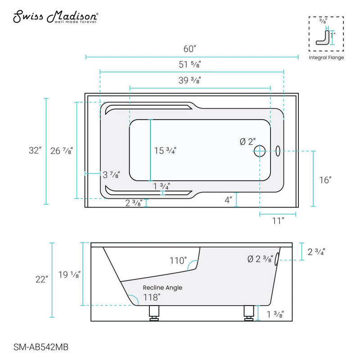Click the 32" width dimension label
click(34, 151)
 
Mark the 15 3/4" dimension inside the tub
click(165, 151)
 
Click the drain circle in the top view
click(260, 151)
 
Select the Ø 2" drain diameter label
click(247, 142)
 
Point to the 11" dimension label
click(278, 220)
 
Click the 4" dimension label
click(229, 199)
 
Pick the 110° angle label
click(178, 261)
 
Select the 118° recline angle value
click(152, 297)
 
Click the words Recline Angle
click(162, 287)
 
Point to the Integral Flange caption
click(326, 58)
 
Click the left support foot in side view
click(154, 312)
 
